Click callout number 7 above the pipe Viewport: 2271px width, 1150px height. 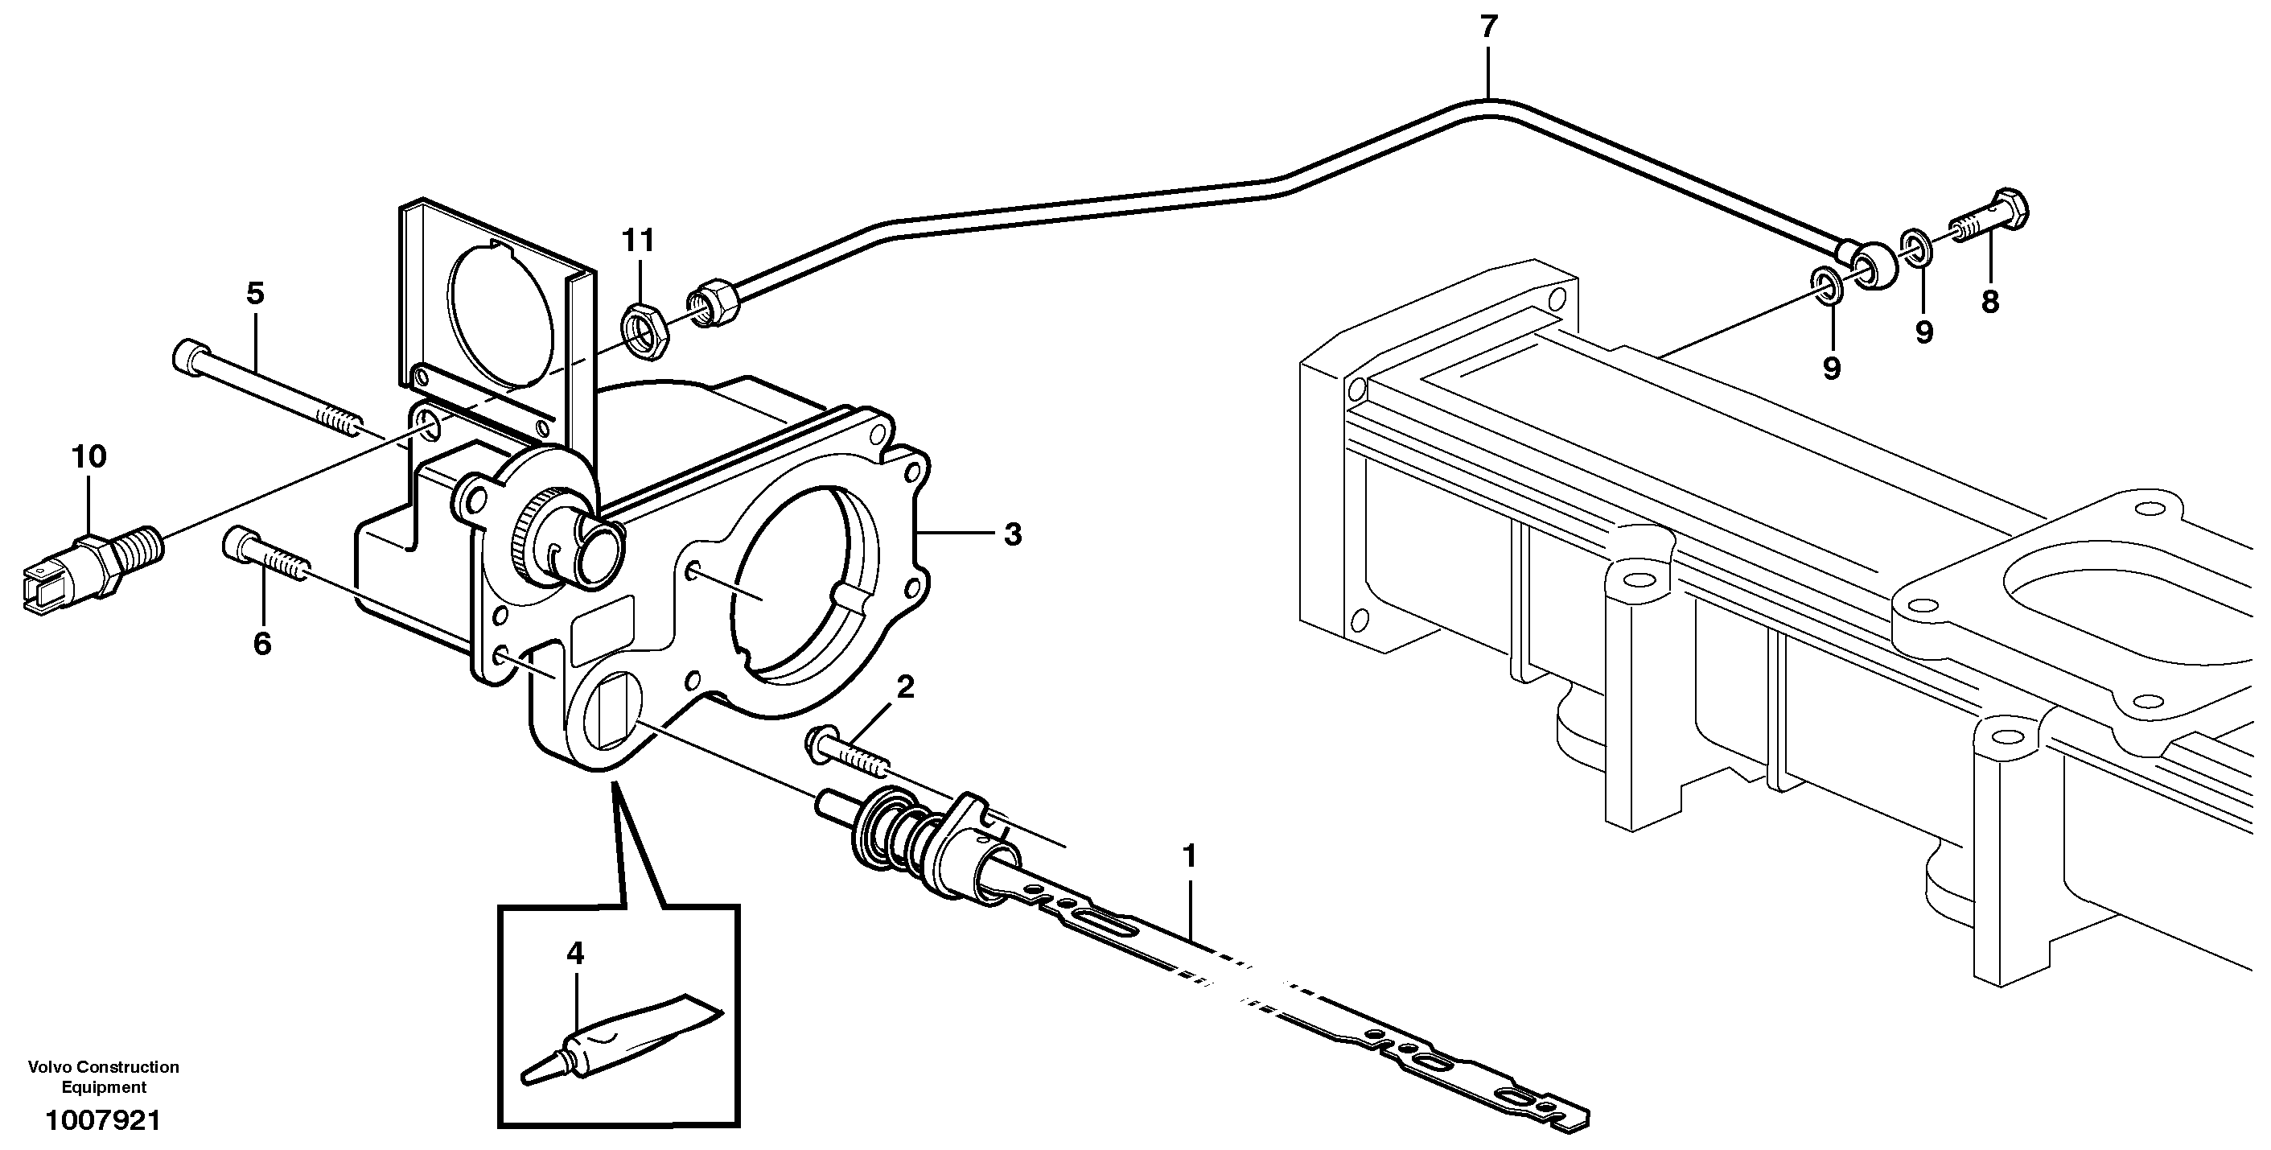click(1488, 28)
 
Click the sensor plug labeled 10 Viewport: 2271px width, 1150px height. click(88, 568)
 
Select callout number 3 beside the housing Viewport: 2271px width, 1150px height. click(1013, 534)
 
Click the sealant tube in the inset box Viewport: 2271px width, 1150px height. click(626, 1041)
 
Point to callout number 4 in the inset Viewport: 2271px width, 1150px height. click(575, 953)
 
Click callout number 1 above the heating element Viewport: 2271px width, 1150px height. click(1189, 856)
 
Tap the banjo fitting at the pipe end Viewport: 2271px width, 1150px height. click(1870, 267)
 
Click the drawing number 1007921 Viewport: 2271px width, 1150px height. click(104, 1121)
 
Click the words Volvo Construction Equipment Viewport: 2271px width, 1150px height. click(104, 1077)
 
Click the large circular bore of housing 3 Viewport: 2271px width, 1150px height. click(793, 582)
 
